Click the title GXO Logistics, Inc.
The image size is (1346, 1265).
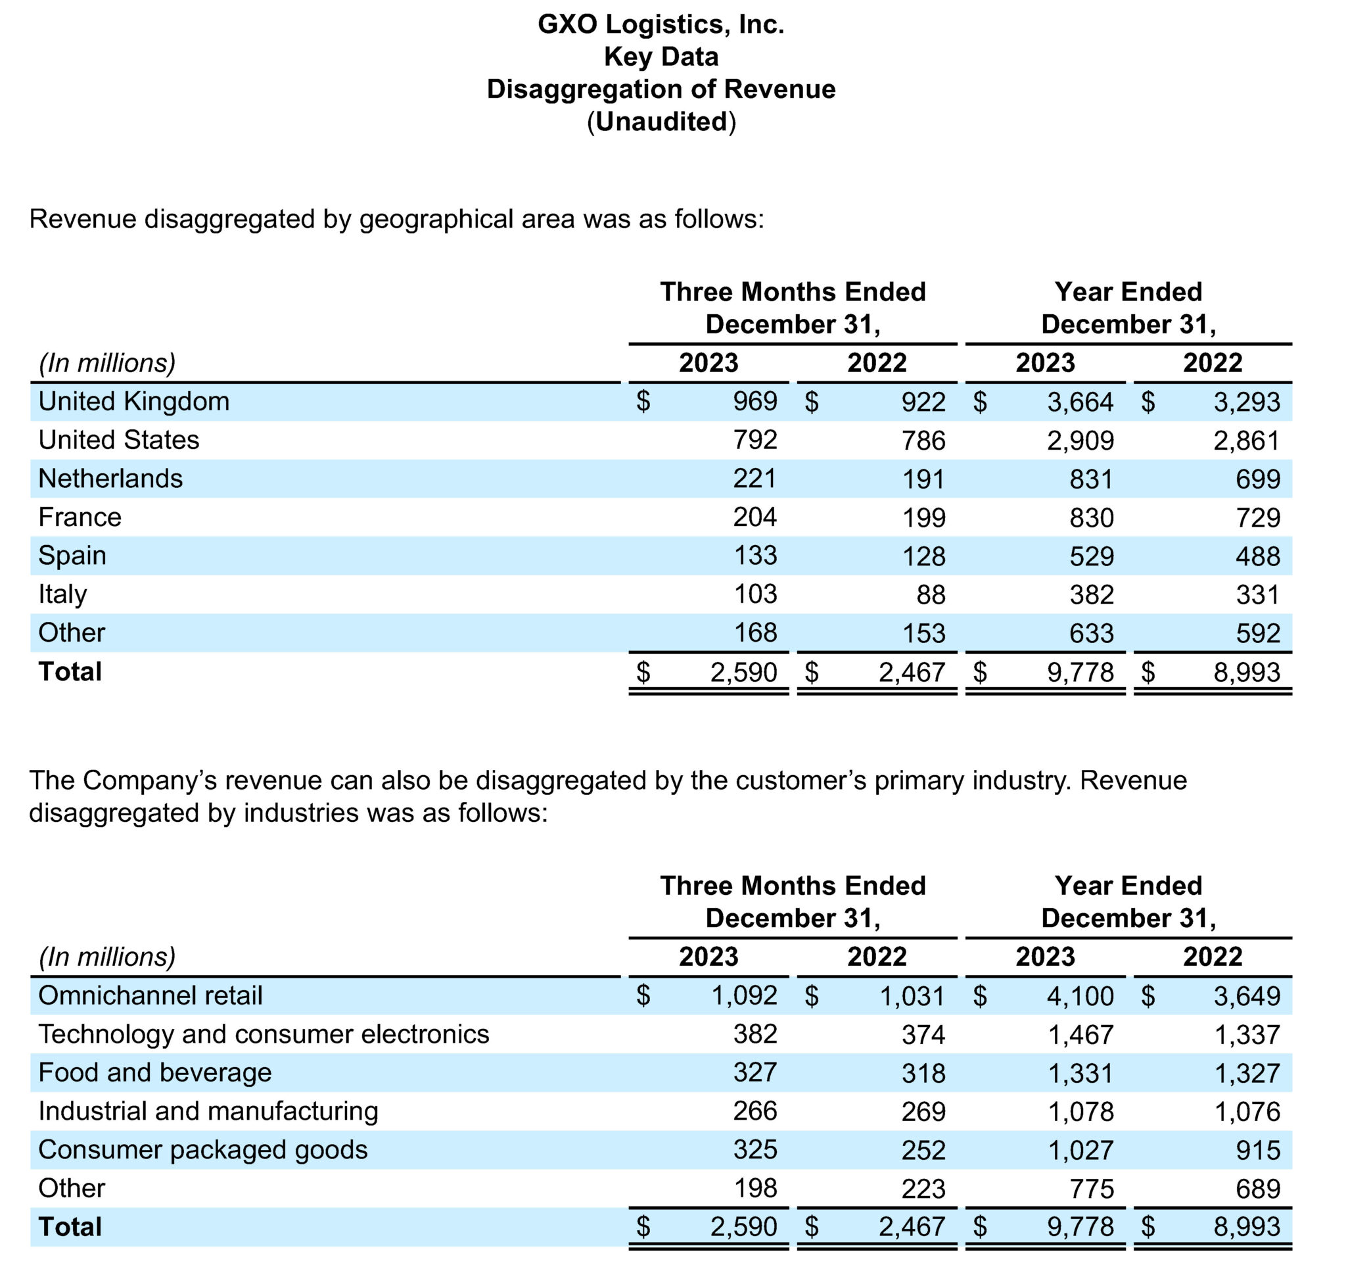coord(661,24)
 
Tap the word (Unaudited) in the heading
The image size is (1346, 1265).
coord(661,122)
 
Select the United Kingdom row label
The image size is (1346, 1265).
coord(134,402)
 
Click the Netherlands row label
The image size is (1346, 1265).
coord(110,479)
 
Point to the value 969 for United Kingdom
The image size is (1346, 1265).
coord(755,402)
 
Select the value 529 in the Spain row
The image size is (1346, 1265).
coord(1092,556)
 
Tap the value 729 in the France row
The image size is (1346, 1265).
coord(1258,518)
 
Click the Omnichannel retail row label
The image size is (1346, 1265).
coord(151,995)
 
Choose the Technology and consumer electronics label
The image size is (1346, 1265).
coord(264,1034)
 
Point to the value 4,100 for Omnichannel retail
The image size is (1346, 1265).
coord(1080,996)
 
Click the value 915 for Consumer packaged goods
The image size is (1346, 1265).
coord(1258,1151)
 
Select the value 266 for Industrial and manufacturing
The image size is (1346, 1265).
coord(755,1111)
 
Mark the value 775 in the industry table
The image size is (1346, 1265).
coord(1092,1189)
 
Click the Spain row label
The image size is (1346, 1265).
coord(72,556)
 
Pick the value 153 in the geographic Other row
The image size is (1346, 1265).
coord(923,633)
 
